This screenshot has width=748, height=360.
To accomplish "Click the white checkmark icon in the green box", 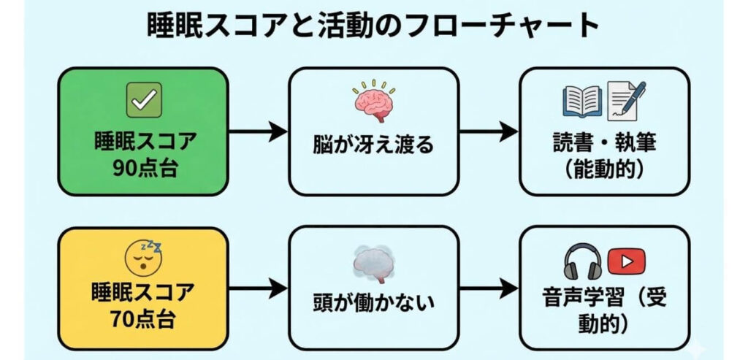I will (143, 101).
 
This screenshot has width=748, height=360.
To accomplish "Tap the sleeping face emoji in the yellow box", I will (143, 258).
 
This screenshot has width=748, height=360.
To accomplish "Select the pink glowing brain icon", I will (374, 102).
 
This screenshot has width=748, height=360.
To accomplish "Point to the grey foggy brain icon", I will (374, 262).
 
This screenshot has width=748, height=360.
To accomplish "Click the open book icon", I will (581, 101).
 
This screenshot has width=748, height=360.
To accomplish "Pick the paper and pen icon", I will (626, 101).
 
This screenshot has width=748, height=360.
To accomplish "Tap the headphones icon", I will (581, 261).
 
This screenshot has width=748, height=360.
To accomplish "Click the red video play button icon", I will (626, 259).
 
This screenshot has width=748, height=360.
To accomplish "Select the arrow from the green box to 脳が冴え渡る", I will (258, 132).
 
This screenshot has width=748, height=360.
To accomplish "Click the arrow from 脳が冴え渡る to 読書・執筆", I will (487, 132).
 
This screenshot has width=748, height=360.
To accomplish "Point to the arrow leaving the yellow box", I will (258, 289).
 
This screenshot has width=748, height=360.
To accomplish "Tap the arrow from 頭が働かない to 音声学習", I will (487, 289).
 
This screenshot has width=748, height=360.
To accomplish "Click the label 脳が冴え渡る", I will (374, 145).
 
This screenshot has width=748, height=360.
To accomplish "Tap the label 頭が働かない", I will (374, 301).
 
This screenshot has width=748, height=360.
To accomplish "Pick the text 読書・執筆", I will (603, 142).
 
